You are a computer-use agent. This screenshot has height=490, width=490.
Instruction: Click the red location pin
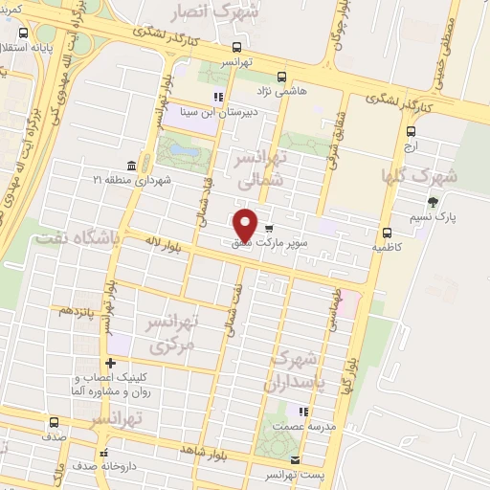pos(245,226)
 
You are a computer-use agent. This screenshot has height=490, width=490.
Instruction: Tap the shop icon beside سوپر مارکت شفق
pos(269,228)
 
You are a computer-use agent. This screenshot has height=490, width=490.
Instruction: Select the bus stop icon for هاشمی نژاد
pos(280,78)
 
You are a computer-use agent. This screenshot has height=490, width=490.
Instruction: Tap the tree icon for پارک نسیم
pos(434,202)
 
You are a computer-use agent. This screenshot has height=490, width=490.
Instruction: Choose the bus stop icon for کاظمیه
pos(387,233)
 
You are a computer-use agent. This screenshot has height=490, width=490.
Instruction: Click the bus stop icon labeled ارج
pos(411,132)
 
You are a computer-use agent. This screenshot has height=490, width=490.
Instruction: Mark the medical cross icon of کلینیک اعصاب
pos(112,364)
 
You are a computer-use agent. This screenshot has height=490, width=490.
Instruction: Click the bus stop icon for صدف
pos(53,421)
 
